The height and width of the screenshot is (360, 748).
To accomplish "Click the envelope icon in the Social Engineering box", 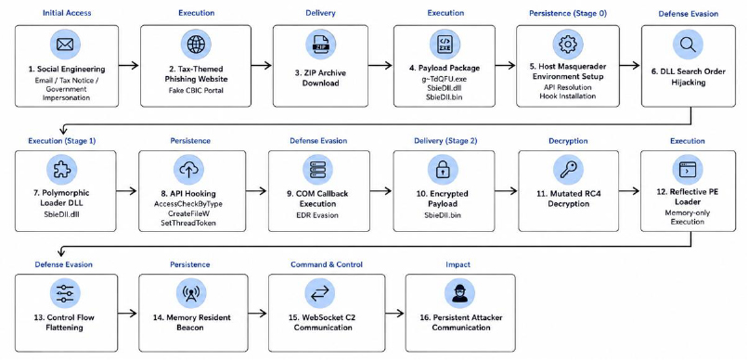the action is [x=65, y=45].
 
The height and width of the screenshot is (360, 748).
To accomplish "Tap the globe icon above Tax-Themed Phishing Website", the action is [x=196, y=45].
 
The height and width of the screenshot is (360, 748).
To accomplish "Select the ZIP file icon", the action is [x=320, y=45].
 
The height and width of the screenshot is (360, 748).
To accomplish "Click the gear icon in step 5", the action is [x=568, y=45].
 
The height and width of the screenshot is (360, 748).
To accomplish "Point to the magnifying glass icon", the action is [x=688, y=45].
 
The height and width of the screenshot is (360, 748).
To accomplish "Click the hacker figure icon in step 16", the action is [x=460, y=293].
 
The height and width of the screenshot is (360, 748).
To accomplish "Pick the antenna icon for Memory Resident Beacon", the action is [x=191, y=293].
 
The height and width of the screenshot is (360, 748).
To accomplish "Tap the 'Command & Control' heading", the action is [x=327, y=264].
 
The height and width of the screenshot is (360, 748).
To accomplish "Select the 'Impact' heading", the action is [x=458, y=264].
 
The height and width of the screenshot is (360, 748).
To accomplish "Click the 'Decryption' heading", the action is [x=568, y=141].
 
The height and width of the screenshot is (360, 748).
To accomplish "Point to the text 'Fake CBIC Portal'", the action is [x=196, y=90].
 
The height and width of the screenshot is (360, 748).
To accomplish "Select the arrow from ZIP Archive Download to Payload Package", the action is [x=380, y=65].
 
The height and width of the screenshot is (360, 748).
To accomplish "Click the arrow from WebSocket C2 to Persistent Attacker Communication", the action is [x=394, y=313].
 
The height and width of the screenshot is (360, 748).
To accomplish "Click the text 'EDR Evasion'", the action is [x=318, y=215].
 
